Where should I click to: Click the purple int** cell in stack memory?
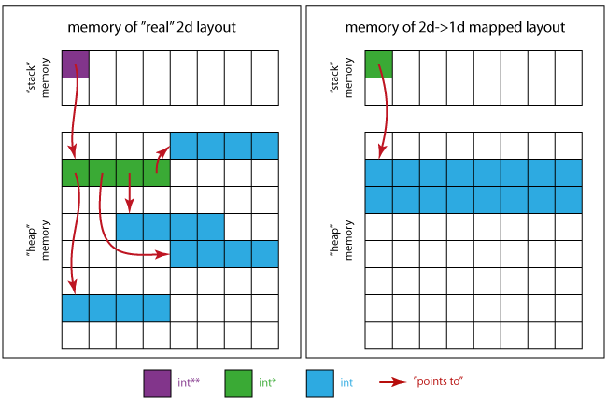pos(76,64)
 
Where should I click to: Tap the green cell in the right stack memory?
pos(378,64)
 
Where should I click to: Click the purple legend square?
pos(156,383)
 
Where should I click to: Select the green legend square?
pos(238,383)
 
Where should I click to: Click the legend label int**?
pos(189,383)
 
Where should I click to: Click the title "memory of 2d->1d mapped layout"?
pos(455,27)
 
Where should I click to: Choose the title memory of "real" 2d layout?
pos(152,27)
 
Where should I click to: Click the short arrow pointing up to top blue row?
pos(160,160)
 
